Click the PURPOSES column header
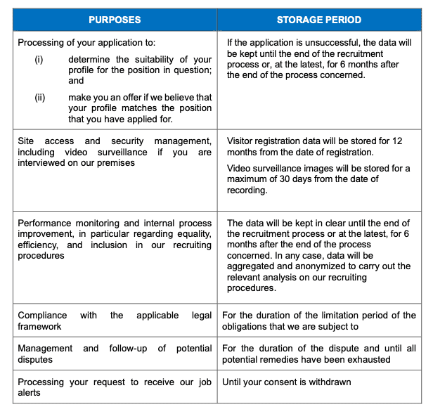(x=115, y=20)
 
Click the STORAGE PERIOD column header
(x=319, y=20)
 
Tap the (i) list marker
(x=39, y=60)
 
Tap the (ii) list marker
(x=40, y=98)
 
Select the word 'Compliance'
(x=42, y=316)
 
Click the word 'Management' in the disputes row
(x=45, y=349)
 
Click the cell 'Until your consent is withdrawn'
(x=286, y=382)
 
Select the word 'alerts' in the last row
(x=30, y=392)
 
